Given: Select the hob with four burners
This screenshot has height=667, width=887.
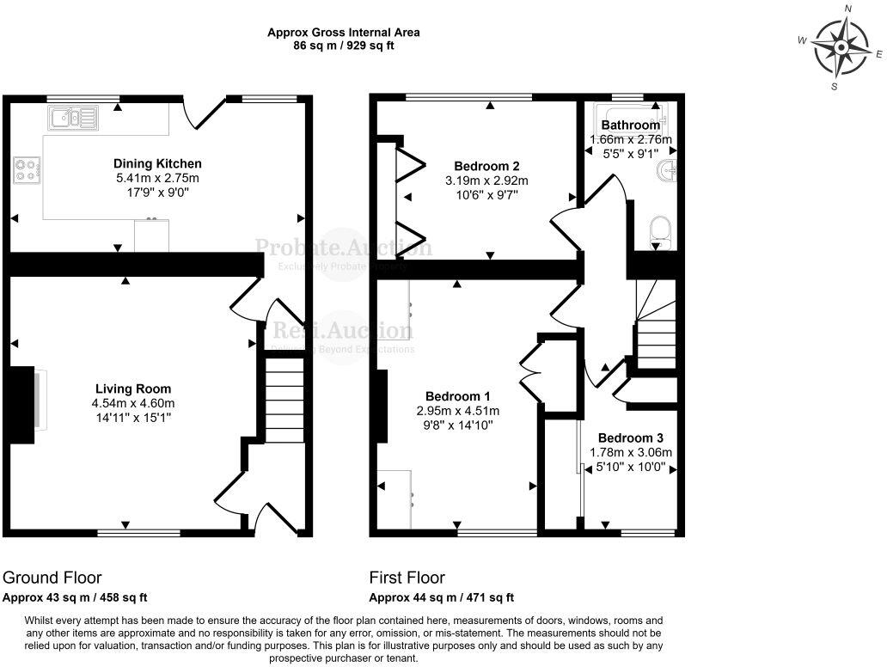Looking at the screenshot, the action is click(x=26, y=169).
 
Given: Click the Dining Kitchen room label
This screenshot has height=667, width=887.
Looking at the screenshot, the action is click(x=158, y=163).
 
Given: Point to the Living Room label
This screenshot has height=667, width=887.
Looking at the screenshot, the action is click(x=133, y=389).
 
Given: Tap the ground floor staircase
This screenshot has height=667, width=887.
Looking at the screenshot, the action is click(x=284, y=400).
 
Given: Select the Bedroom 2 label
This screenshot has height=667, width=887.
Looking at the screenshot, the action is click(x=486, y=166).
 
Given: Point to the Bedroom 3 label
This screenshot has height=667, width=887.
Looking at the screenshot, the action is click(x=631, y=437).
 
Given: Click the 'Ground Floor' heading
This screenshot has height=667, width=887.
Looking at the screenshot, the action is click(x=52, y=578).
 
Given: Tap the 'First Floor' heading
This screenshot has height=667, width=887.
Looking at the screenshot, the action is click(x=407, y=578).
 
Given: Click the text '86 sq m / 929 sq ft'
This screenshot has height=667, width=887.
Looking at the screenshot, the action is click(x=344, y=46).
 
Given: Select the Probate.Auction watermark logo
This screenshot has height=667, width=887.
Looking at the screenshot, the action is click(x=344, y=249).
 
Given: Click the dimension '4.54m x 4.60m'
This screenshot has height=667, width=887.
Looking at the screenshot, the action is click(x=133, y=403).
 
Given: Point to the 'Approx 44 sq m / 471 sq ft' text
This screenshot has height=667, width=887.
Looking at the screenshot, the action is click(x=442, y=597).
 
